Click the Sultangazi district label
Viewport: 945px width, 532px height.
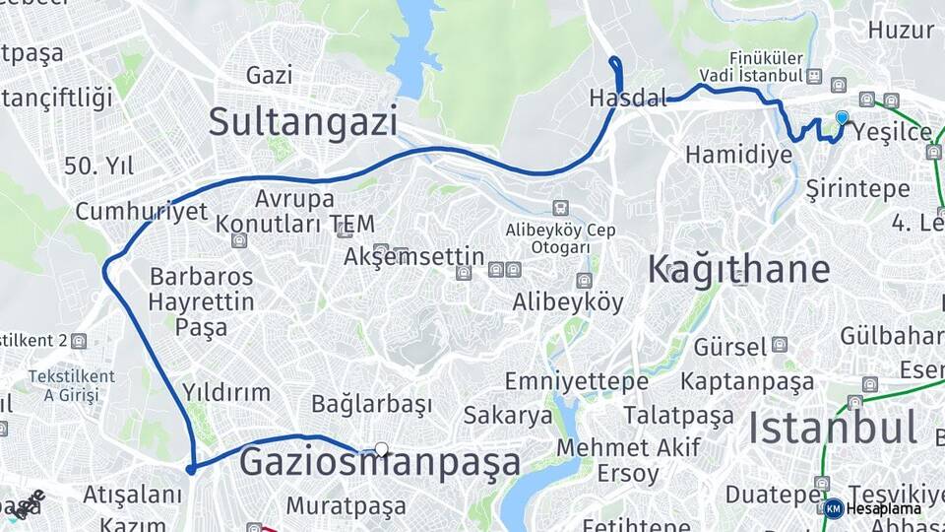[x=303, y=122]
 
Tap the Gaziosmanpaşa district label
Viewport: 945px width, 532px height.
[x=380, y=462]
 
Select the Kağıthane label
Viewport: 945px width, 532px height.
[x=738, y=270]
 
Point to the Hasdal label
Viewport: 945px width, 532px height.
[x=627, y=99]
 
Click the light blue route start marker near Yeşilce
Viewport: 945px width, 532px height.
[x=842, y=118]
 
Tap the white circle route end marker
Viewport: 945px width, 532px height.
[x=382, y=449]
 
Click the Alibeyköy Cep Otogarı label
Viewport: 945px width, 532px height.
[x=560, y=237]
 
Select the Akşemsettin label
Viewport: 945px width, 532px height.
[x=413, y=257]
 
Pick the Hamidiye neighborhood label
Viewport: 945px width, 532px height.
[x=738, y=155]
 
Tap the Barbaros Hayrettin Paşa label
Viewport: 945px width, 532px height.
[x=202, y=301]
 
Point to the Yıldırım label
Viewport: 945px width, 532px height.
[x=225, y=392]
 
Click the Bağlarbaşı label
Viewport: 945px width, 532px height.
[x=371, y=404]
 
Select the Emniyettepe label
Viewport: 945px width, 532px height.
[x=576, y=381]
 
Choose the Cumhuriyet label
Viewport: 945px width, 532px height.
[x=142, y=211]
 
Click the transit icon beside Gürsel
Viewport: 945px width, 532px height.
[x=780, y=346]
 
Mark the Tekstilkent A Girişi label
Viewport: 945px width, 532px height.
[x=71, y=385]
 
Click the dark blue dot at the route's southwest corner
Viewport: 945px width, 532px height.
[x=191, y=469]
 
